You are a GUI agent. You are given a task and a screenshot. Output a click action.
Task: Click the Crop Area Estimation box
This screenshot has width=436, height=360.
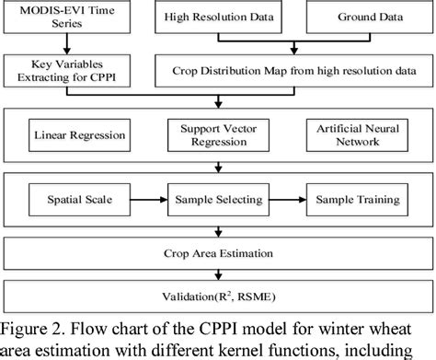coord(217,248)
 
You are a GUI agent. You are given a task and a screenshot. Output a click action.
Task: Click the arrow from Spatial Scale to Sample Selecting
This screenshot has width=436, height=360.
coord(148,198)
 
